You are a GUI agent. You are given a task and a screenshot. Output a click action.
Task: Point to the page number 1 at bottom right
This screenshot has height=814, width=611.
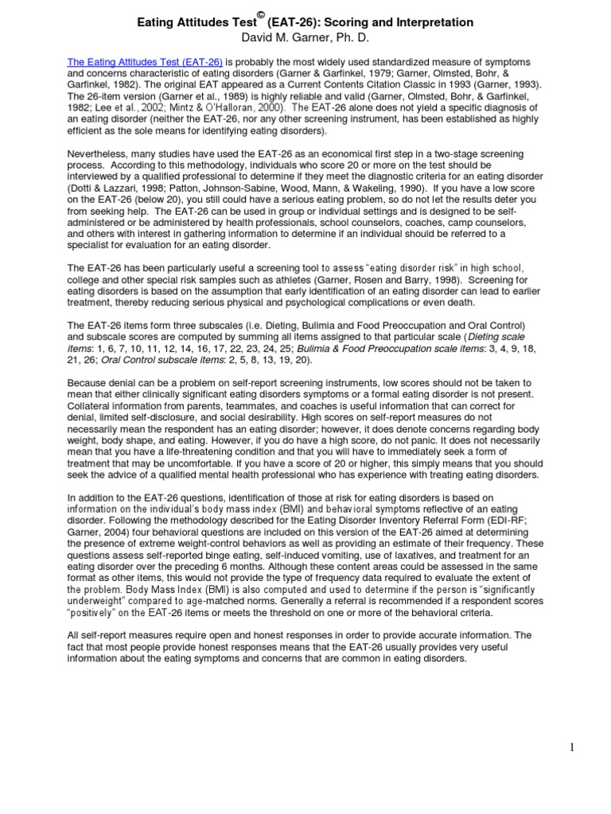[593, 746]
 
